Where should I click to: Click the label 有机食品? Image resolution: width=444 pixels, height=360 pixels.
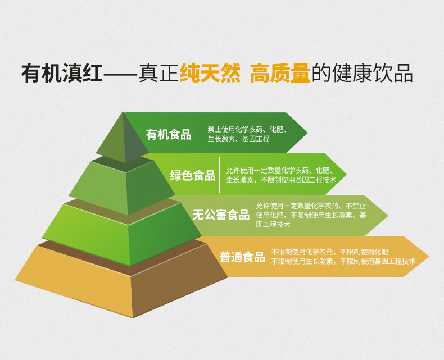click(169, 134)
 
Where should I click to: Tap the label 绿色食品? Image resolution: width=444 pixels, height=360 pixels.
click(193, 175)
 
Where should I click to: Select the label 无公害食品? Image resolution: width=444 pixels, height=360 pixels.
click(221, 215)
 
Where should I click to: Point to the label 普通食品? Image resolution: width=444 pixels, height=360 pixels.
click(242, 257)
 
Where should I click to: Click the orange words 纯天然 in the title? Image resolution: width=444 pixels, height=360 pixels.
click(210, 74)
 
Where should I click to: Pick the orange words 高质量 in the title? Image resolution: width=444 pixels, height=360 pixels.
click(280, 74)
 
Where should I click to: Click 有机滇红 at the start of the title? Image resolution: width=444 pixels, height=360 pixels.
click(62, 74)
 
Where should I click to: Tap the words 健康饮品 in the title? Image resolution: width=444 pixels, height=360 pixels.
click(373, 74)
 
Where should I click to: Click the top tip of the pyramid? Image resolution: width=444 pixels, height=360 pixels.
click(123, 112)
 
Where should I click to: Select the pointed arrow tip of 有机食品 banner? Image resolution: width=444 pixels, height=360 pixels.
click(307, 133)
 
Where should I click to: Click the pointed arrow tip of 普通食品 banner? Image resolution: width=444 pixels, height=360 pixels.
click(429, 257)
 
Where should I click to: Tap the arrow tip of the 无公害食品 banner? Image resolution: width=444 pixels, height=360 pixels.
click(388, 215)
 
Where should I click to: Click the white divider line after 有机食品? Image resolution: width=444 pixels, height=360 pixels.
click(201, 134)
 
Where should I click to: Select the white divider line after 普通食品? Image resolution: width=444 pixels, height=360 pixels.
click(268, 257)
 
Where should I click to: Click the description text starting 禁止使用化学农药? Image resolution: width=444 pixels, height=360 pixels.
click(247, 134)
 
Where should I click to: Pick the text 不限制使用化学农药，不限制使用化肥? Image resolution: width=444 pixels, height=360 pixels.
click(329, 252)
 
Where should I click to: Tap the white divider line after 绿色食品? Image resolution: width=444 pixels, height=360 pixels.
click(220, 175)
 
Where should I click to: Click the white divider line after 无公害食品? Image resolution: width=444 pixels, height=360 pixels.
click(252, 215)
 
